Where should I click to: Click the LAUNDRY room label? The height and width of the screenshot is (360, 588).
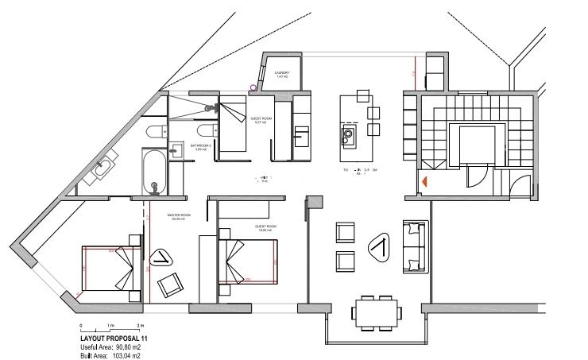[281, 73]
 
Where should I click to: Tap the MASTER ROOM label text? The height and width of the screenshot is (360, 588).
[179, 215]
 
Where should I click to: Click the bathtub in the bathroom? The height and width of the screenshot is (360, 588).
[154, 171]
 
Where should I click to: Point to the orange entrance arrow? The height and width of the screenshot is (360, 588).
[426, 182]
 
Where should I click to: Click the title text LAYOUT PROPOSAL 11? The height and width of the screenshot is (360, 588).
[114, 339]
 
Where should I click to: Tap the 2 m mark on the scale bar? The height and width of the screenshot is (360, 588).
[141, 327]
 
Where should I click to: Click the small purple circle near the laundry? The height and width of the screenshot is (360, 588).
[253, 87]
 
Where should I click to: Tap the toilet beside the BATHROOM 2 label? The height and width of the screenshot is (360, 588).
[203, 130]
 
